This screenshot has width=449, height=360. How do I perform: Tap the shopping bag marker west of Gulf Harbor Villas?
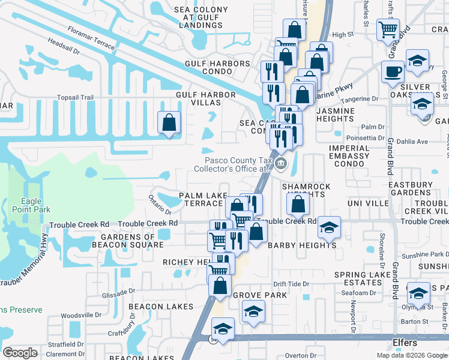[x=169, y=122]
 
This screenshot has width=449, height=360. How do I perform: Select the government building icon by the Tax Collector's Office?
[x=281, y=163]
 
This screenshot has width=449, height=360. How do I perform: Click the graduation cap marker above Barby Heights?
[x=329, y=227]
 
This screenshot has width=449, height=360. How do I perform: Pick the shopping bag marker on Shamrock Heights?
[x=298, y=205]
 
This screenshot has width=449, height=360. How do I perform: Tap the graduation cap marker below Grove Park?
[x=253, y=311]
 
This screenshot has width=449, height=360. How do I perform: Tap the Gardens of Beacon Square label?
[x=127, y=241]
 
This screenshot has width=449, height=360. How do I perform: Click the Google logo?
[x=20, y=353]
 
